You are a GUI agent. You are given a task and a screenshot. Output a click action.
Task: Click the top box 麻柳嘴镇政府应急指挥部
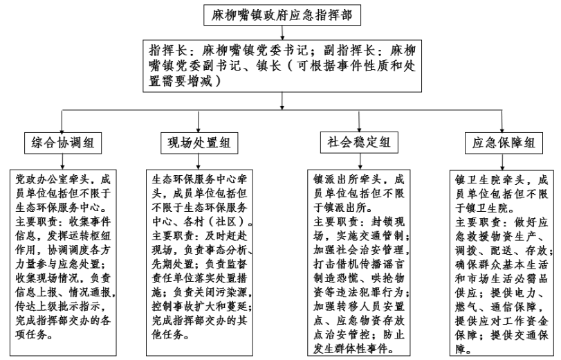(x=282, y=15)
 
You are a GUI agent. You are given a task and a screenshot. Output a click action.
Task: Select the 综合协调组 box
(x=63, y=143)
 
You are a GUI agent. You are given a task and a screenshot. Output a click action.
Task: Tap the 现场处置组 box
(x=199, y=143)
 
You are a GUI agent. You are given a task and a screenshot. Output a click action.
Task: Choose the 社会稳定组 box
(x=359, y=143)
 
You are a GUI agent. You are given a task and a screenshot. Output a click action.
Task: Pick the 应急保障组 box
(x=504, y=143)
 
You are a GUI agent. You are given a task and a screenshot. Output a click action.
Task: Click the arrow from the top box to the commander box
(x=282, y=33)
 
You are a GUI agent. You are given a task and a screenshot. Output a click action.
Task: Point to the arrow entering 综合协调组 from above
(x=62, y=121)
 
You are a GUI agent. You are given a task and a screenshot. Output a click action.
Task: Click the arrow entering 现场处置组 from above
(x=199, y=121)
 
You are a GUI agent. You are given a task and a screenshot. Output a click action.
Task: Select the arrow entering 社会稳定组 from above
(x=359, y=121)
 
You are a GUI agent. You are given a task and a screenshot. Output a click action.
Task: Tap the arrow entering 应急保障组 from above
(x=502, y=121)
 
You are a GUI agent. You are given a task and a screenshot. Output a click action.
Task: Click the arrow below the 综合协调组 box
(x=63, y=162)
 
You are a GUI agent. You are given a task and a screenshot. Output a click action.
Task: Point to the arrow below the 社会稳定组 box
(x=360, y=161)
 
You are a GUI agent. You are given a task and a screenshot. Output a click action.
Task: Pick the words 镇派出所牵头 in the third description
(x=347, y=179)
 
